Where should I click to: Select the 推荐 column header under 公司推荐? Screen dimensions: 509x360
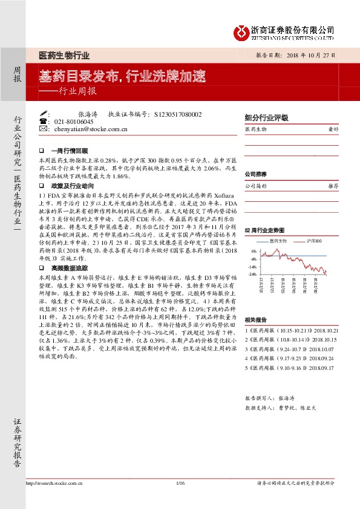[x=333, y=186]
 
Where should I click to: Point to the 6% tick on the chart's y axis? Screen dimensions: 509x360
[x=253, y=251]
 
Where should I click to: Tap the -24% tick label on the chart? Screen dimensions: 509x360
[x=252, y=274]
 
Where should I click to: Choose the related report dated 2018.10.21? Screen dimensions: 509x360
[x=290, y=331]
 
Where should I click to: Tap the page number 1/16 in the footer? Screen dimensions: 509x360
[x=179, y=483]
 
